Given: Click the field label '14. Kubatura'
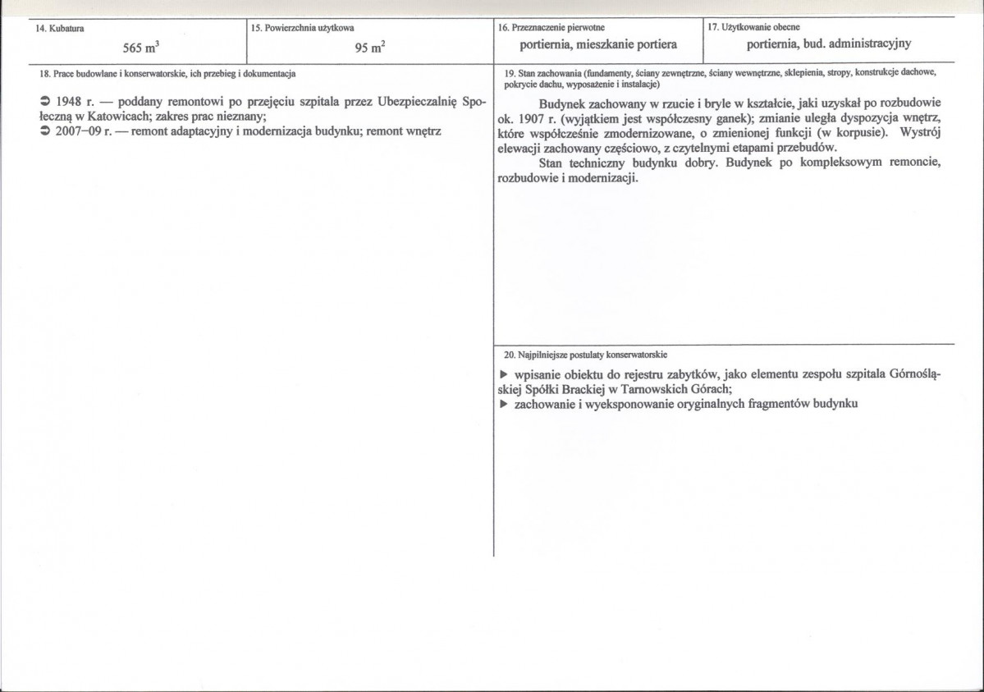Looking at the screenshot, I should coord(60,29).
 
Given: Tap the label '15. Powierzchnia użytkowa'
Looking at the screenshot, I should coord(303,29).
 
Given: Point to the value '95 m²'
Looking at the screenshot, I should coord(370,48).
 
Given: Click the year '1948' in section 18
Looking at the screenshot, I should coord(71,103).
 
